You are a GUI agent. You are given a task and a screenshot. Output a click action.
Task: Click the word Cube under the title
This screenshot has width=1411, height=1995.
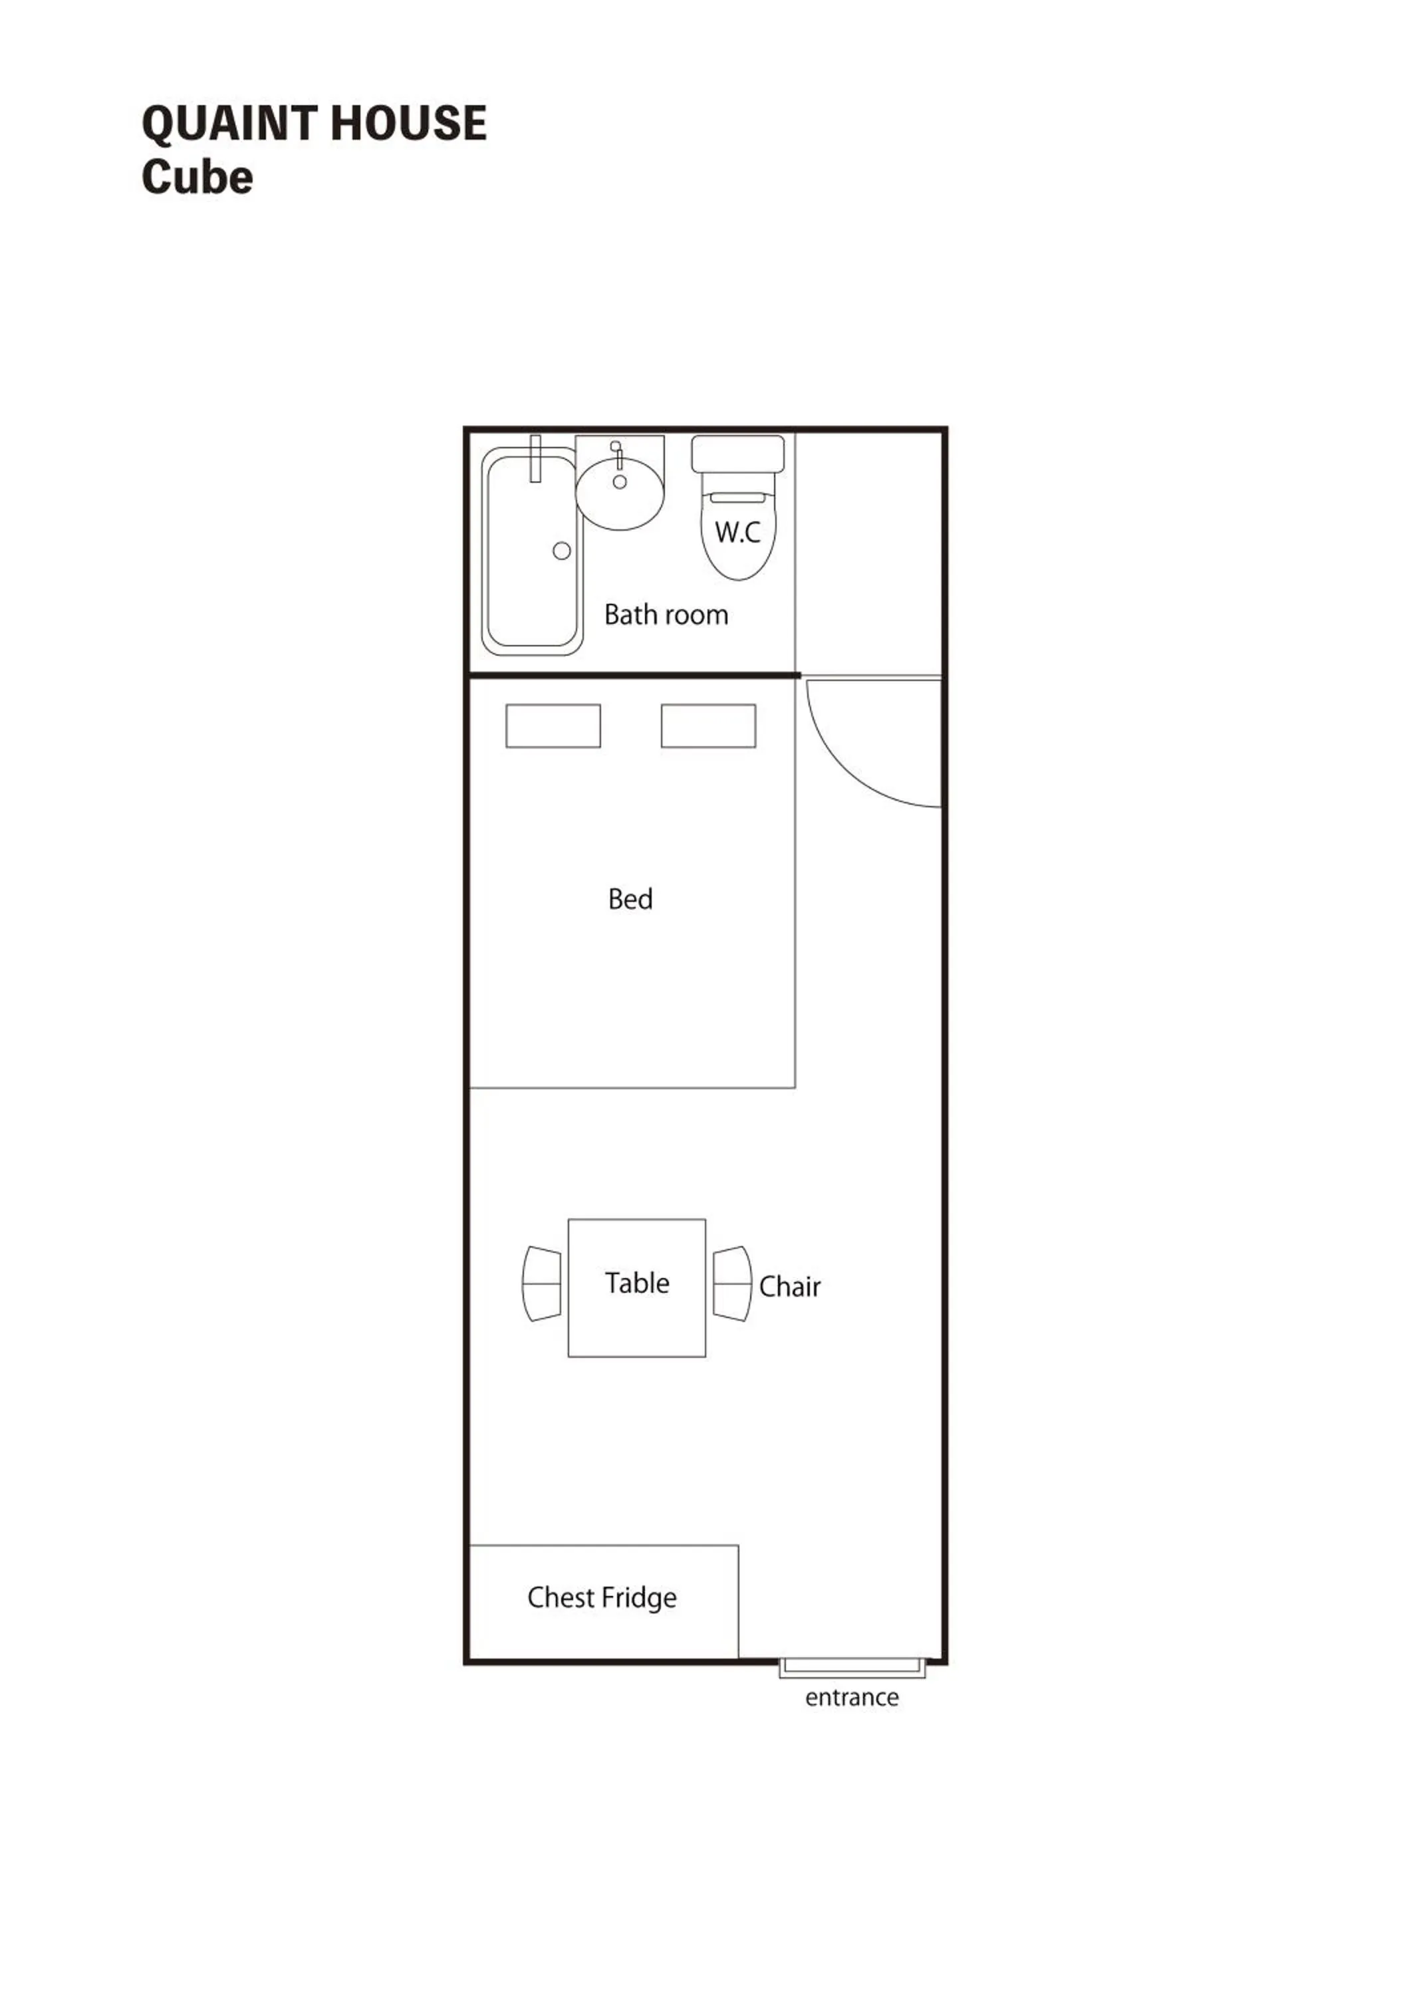coord(197,178)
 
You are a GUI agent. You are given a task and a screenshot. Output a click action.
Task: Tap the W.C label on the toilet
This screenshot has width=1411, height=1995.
coord(737,532)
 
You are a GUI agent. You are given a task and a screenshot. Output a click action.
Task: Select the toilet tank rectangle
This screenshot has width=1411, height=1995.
coord(737,454)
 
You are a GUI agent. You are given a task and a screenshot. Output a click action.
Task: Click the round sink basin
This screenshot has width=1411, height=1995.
coord(620,504)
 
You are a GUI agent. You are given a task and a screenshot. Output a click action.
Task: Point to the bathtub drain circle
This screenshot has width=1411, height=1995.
coord(561,550)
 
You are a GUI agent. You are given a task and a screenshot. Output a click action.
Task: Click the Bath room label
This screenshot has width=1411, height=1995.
coord(666,615)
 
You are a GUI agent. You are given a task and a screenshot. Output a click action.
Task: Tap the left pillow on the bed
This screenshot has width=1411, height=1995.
coord(553,726)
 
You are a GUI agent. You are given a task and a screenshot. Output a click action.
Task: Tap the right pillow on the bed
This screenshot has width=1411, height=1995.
coord(708,726)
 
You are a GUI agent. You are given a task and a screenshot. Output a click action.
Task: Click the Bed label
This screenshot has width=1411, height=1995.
coord(630,899)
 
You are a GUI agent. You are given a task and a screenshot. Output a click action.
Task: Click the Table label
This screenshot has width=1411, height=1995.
coord(637,1283)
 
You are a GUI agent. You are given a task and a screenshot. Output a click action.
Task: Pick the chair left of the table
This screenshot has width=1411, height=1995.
coord(541,1283)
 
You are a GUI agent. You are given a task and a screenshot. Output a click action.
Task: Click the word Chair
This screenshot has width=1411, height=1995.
coord(789,1287)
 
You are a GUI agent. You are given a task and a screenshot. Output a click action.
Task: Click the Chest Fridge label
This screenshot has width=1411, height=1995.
coord(601,1598)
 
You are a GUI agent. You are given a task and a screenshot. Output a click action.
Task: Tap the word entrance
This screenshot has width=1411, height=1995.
coord(852,1698)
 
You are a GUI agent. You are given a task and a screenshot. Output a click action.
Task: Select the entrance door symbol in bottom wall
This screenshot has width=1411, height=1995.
coord(852,1666)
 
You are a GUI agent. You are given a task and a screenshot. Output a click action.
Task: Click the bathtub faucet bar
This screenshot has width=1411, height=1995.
coord(535,458)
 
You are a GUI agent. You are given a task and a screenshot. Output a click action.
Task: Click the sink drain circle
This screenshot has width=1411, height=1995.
coord(620,481)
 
